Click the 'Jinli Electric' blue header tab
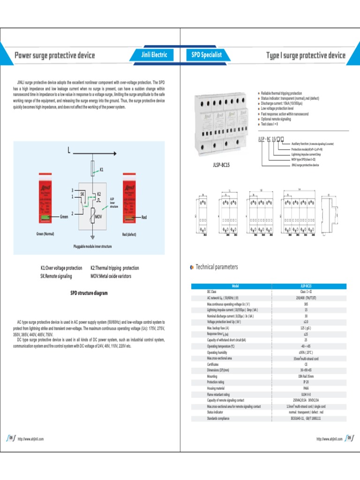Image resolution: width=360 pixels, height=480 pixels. (x=154, y=55)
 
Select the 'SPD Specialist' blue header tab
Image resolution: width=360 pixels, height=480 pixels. (x=206, y=55)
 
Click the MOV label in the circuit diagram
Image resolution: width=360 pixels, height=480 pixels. (x=99, y=217)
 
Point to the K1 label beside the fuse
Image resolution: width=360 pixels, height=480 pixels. (x=102, y=168)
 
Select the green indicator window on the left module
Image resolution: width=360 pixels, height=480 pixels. (x=45, y=217)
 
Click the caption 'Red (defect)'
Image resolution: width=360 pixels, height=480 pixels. (x=129, y=234)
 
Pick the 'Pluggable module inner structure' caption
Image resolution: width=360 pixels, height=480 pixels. (x=92, y=246)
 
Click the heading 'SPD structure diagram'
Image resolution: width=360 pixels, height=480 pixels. (x=89, y=293)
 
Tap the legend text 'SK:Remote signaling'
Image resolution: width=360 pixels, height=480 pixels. (x=56, y=276)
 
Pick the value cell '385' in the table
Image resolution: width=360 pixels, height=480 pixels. (x=306, y=303)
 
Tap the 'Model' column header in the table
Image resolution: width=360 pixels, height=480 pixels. (x=235, y=285)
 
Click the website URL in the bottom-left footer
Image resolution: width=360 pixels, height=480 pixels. (x=30, y=439)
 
